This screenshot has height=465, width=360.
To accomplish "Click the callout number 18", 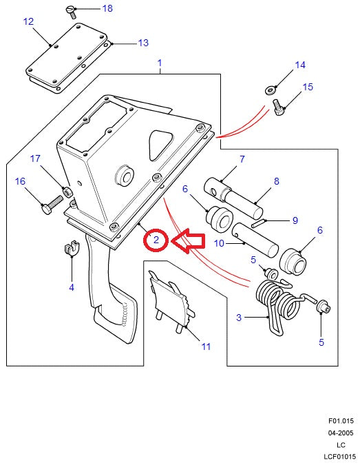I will (x=107, y=9).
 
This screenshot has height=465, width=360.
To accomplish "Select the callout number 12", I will (x=28, y=22).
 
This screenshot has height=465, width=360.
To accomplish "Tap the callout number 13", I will (x=142, y=43).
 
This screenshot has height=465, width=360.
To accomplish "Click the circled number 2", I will (x=156, y=240).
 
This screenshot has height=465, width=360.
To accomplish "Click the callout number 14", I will (x=299, y=65).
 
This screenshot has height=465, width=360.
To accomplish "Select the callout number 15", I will (x=308, y=87).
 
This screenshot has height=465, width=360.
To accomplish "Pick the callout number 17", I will (x=35, y=159).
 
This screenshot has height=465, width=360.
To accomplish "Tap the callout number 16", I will (x=20, y=181).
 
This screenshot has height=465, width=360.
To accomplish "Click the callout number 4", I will (x=71, y=287).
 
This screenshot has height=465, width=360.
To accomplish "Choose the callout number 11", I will (x=205, y=347).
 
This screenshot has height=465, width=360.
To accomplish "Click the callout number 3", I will (x=238, y=318).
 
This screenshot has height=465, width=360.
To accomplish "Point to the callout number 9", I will (x=295, y=220).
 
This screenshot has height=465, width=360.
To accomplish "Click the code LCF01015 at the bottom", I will (x=340, y=457).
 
